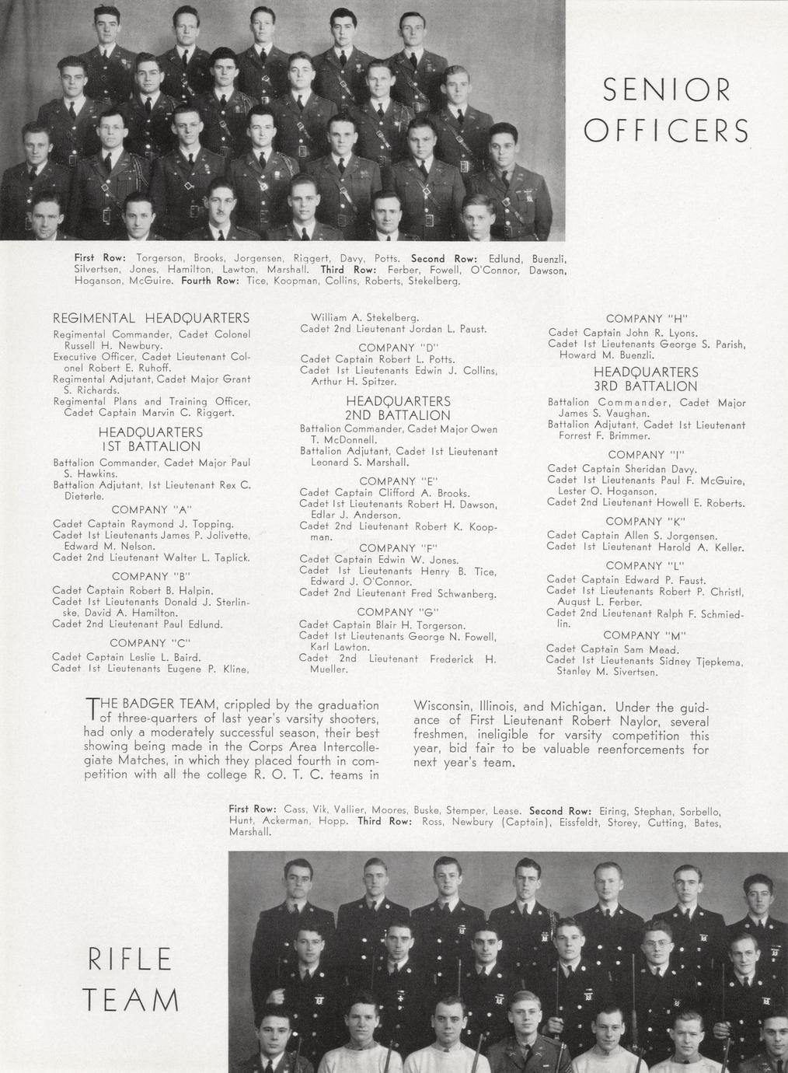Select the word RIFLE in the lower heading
point(130,959)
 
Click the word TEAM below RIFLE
point(130,999)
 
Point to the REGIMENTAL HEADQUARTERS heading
point(151,318)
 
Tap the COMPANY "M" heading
point(645,635)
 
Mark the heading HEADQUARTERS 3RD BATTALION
point(646,379)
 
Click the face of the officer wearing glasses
point(111,133)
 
